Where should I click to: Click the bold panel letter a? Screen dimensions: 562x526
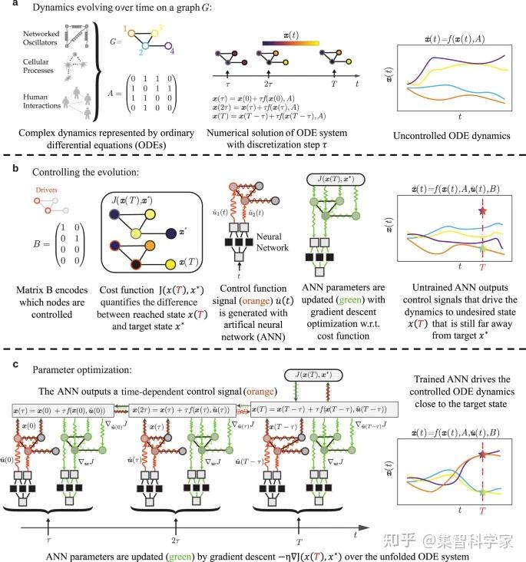(6, 7)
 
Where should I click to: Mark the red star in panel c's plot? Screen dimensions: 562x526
(482, 456)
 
